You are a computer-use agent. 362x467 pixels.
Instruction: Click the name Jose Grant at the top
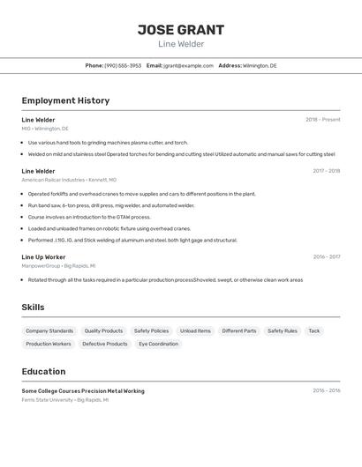181,30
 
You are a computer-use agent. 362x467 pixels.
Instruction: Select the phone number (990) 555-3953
123,65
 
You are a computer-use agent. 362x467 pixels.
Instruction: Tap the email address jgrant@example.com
188,65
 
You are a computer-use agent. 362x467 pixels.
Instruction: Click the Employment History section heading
65,100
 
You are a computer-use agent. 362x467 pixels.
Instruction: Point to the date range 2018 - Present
322,120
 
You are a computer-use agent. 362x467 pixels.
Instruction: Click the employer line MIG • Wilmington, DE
45,129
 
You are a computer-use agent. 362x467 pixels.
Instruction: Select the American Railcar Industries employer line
69,180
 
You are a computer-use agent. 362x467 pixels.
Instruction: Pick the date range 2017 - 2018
326,171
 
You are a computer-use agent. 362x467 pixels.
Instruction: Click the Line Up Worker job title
43,257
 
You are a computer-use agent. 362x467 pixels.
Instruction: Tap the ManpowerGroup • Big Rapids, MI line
58,265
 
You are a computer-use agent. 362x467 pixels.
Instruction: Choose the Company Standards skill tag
49,330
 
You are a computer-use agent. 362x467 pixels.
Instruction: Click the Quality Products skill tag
103,330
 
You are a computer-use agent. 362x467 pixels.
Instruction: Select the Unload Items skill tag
195,330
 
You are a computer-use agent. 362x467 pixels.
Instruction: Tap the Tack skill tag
313,330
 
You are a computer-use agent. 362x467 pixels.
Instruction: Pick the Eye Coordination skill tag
158,344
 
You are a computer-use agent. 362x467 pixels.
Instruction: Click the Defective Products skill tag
104,344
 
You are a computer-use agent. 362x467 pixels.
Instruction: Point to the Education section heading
43,371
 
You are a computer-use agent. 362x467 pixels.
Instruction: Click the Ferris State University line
65,399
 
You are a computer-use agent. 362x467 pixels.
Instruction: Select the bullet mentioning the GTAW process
89,217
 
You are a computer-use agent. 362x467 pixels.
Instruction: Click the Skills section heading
33,307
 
